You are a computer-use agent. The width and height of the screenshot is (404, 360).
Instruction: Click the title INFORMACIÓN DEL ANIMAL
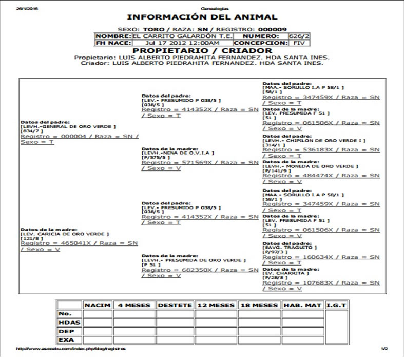[x=202, y=17]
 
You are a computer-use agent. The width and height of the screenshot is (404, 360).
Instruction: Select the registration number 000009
[x=272, y=29]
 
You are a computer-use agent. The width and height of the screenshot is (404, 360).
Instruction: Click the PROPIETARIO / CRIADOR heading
[x=202, y=51]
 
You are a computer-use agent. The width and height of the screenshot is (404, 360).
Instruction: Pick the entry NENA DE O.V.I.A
[x=178, y=153]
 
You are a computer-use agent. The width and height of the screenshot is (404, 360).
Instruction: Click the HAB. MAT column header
[x=303, y=305]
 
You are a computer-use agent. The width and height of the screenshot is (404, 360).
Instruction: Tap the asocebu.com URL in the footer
[x=70, y=349]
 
